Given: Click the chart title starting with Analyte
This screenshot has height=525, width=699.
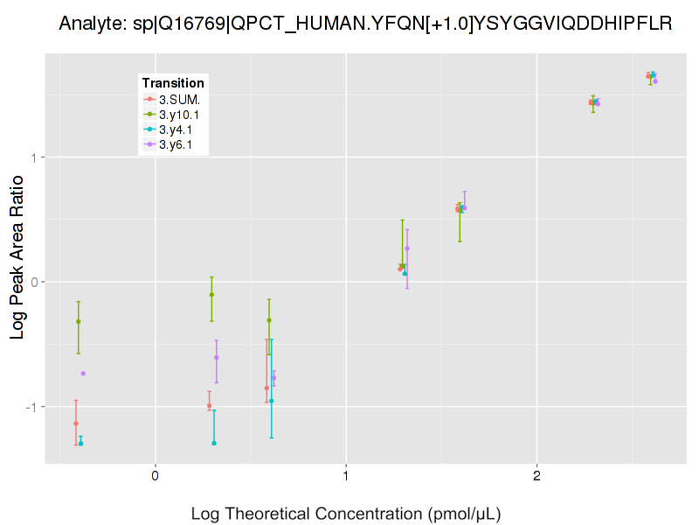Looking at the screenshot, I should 365,24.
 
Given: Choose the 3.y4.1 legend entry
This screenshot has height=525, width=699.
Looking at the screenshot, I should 176,129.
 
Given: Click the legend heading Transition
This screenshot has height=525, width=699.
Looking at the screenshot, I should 173,83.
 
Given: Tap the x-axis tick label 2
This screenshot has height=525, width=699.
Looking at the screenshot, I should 536,477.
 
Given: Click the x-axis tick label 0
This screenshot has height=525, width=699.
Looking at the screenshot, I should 155,477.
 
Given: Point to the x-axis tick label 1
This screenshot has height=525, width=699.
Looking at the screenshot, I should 346,477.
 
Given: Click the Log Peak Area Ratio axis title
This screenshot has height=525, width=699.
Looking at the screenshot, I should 17,258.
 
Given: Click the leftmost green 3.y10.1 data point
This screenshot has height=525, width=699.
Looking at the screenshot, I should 79,322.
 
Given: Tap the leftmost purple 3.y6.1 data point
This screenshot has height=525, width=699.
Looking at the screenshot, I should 83,374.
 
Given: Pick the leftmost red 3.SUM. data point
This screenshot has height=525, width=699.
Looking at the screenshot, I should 76,423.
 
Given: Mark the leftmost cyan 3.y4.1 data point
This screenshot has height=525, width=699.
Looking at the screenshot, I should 80,444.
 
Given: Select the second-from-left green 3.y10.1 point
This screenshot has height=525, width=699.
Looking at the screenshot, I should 211,295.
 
